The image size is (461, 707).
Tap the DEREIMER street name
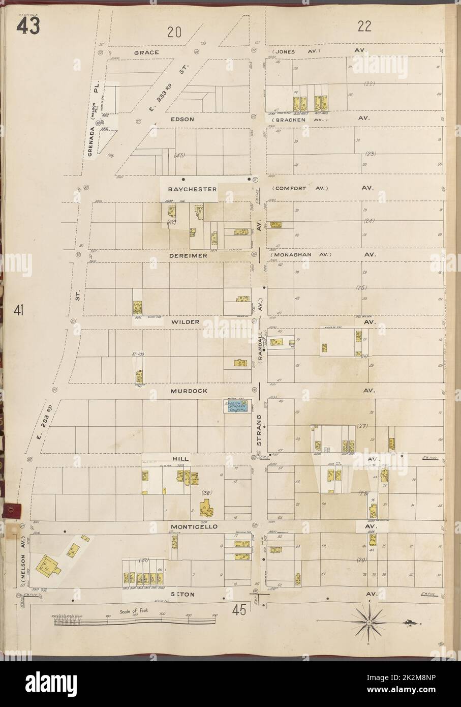189,256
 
